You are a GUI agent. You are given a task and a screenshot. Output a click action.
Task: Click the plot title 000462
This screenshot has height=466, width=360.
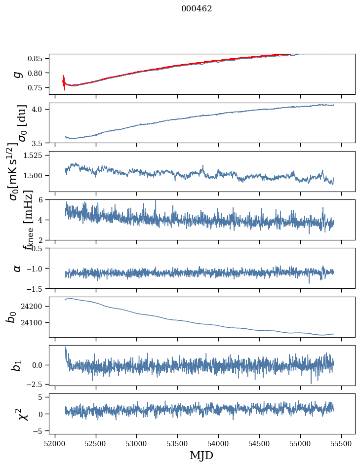[x=197, y=9]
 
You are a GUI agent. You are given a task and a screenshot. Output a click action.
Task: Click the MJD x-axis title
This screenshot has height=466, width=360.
[x=201, y=455]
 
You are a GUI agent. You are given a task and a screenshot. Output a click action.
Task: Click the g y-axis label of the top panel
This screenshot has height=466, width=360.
[x=18, y=74]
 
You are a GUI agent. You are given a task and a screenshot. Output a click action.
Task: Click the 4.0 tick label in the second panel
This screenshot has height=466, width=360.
[x=40, y=109]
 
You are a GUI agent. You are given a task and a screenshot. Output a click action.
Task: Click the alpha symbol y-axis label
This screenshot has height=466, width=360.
[x=18, y=268]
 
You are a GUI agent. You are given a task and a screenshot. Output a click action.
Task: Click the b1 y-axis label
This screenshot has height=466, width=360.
[x=18, y=365]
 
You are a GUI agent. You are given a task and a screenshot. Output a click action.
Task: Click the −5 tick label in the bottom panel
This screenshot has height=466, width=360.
[x=39, y=431]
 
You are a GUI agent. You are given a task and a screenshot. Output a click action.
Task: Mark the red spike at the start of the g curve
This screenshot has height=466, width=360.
[x=64, y=82]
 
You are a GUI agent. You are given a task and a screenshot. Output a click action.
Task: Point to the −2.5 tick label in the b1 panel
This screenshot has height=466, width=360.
[x=36, y=384]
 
